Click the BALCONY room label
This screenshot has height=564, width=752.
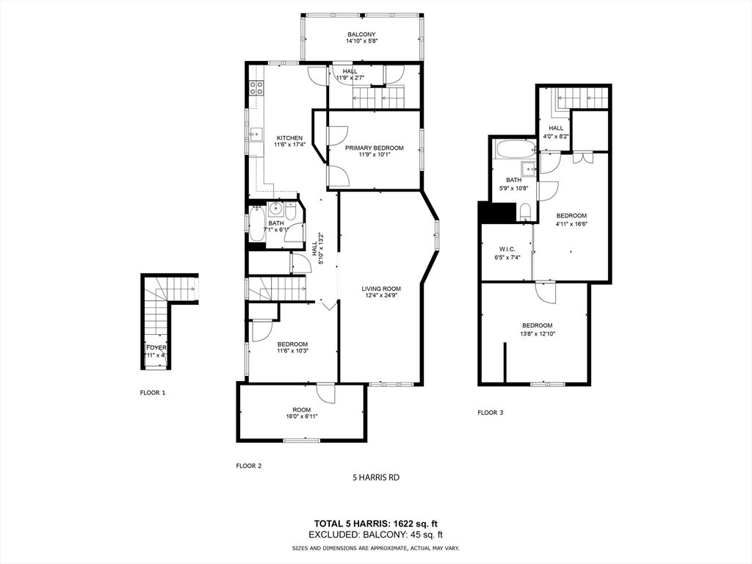[x=361, y=35]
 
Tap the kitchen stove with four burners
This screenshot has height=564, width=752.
[x=256, y=89]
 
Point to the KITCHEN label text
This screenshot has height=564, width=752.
[x=289, y=138]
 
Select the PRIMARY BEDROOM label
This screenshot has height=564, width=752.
[x=375, y=148]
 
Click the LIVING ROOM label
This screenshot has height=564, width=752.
[x=380, y=288]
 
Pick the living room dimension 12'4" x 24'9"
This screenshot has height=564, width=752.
[x=380, y=296]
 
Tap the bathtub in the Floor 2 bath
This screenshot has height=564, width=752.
[x=256, y=223]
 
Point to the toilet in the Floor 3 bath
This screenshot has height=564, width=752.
[x=524, y=213]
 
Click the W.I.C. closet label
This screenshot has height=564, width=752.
[x=507, y=249]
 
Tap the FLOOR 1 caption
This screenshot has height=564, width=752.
[x=153, y=393]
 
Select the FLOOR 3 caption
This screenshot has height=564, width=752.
[x=491, y=413]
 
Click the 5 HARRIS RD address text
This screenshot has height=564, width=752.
[x=376, y=477]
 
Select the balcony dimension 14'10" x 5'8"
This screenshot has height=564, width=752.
[x=361, y=42]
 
